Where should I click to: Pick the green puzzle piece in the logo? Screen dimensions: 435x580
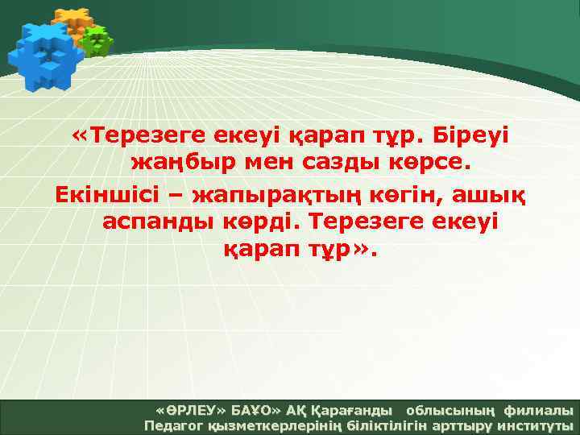pos(97,40)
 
